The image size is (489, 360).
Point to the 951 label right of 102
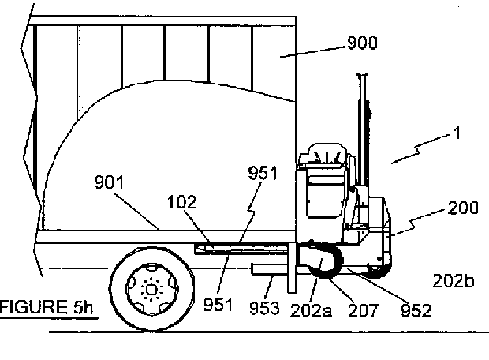point(263,174)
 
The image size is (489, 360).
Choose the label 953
point(265,307)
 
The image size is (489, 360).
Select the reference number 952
point(416,310)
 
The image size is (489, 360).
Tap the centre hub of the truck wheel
point(149,289)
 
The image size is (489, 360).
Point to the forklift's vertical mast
point(364,118)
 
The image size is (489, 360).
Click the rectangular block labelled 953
point(268,272)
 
